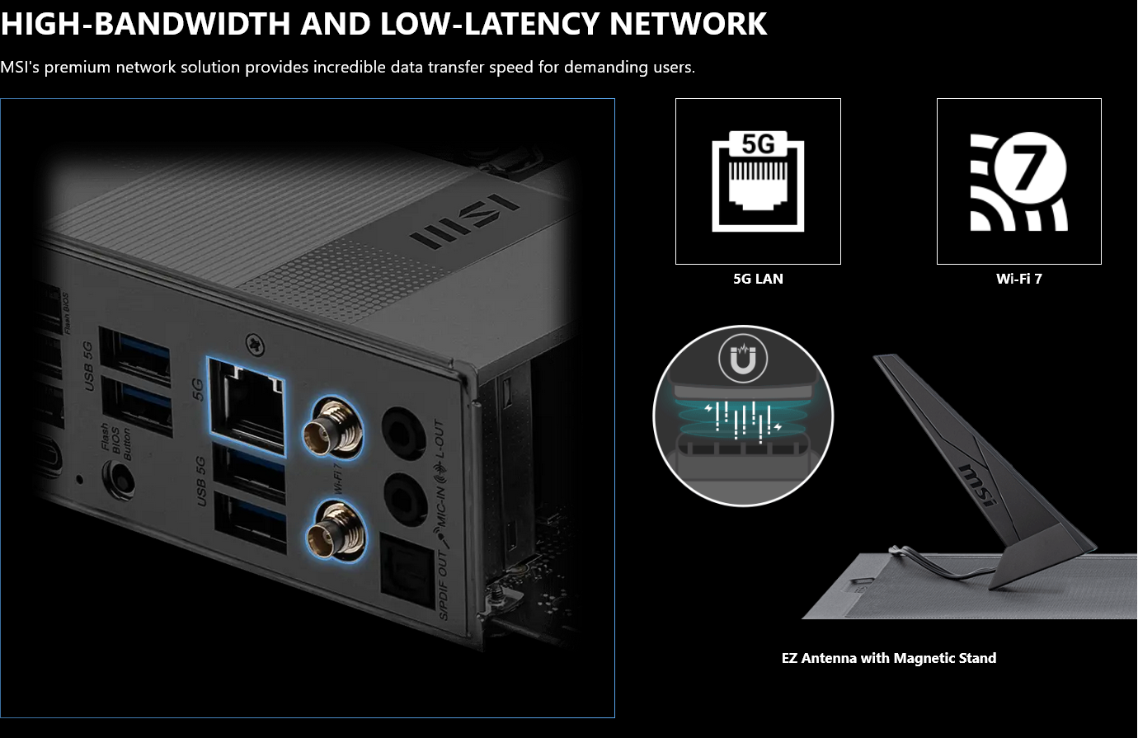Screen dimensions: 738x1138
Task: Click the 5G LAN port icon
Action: (x=758, y=181)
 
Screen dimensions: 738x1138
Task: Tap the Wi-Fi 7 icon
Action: (x=1018, y=181)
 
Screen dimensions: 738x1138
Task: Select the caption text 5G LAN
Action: (x=758, y=279)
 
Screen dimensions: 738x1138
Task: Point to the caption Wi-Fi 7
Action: (x=1018, y=279)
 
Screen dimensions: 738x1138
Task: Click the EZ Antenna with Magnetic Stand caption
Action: (x=888, y=658)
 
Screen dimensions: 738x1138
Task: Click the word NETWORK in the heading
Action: (x=688, y=24)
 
